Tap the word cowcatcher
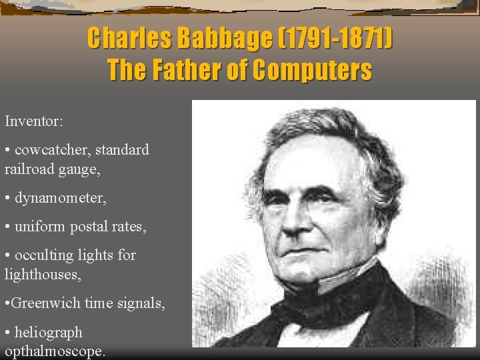pos(53,149)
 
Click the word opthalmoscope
pos(55,351)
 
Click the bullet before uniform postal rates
pos(7,227)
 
